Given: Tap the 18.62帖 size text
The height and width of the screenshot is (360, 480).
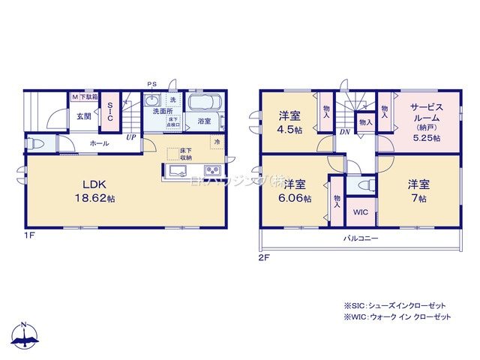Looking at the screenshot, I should [98, 199].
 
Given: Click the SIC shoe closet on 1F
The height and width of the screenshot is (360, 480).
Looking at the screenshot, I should [109, 112].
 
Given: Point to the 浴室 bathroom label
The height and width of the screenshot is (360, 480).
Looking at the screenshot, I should [204, 121].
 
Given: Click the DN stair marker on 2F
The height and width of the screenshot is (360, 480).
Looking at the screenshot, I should [344, 132].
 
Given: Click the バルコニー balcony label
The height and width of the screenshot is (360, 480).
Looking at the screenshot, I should [361, 238].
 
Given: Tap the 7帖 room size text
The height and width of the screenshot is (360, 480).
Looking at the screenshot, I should [418, 199].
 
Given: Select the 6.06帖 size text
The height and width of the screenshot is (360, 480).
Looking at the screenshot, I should [294, 199].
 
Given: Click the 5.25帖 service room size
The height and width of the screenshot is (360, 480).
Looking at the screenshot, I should [425, 139].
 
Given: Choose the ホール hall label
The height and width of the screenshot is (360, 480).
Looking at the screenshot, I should [99, 142].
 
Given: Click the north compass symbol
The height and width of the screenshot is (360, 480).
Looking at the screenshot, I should [25, 337].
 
